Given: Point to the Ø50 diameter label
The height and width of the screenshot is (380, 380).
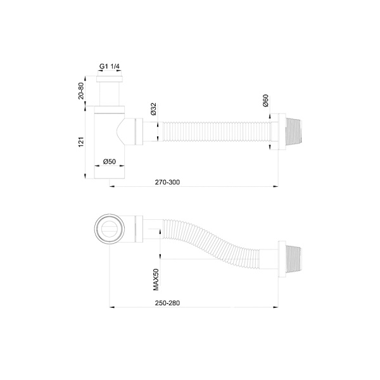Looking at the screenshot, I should pyautogui.click(x=110, y=162).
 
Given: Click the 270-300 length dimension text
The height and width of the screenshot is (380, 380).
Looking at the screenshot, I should pyautogui.click(x=168, y=182).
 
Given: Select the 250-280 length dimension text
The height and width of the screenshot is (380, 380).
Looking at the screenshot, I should pyautogui.click(x=168, y=303).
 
